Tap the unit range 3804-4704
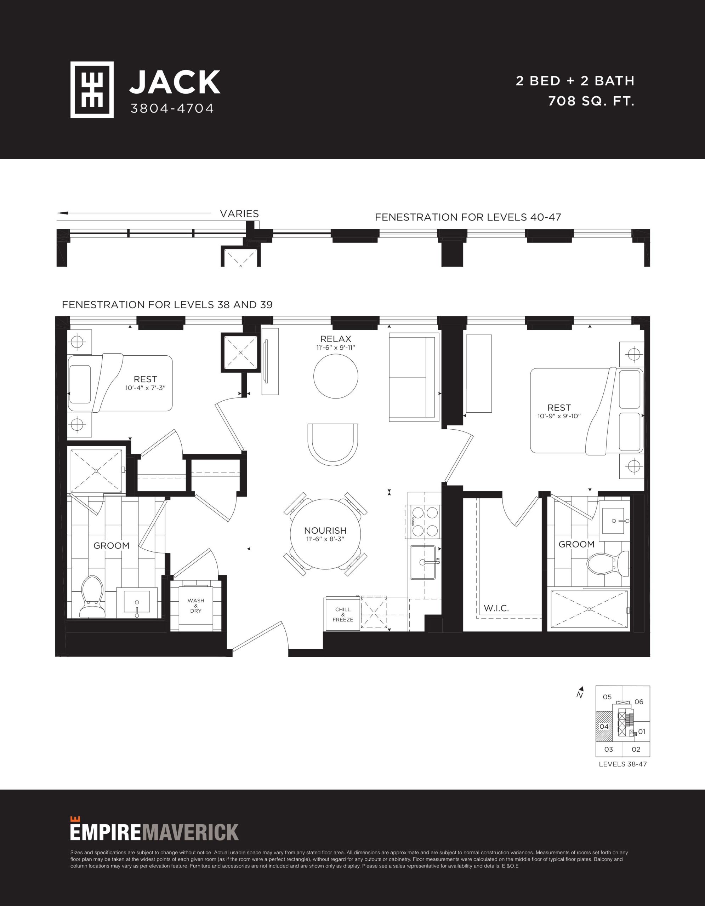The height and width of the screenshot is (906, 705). [172, 108]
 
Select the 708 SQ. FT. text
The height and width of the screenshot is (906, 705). [591, 101]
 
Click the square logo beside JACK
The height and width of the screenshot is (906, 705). [92, 90]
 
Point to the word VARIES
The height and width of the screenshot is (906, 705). [239, 214]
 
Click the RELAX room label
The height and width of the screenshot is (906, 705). [336, 339]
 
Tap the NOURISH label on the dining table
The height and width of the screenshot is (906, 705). [325, 531]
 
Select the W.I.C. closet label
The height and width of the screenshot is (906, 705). [496, 609]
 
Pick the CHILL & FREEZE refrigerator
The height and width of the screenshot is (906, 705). [343, 614]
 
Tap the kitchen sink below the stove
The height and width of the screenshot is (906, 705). [423, 562]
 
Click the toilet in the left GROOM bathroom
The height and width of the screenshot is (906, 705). [92, 596]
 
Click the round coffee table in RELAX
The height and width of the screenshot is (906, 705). [336, 377]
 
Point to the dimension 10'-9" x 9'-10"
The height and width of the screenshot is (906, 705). [559, 416]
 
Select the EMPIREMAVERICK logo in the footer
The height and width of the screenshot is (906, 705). [154, 831]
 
